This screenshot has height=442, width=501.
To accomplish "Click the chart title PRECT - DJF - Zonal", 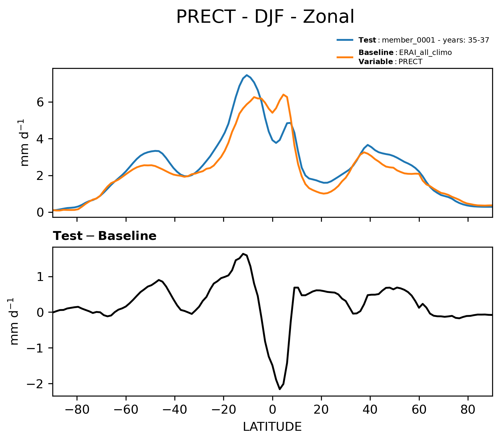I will (x=265, y=17).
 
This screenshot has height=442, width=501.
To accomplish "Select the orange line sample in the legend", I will (x=345, y=57).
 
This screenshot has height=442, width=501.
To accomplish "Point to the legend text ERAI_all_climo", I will (x=425, y=53).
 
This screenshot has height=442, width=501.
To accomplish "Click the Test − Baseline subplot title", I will (x=105, y=236).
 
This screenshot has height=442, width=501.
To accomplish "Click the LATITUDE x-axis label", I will (x=272, y=427).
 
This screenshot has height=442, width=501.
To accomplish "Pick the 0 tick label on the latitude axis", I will (x=273, y=410).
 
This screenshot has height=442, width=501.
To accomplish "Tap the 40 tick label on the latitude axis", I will (x=370, y=410).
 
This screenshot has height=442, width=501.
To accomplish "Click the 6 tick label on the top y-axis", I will (x=41, y=102).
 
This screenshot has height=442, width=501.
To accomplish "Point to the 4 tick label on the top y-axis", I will (x=41, y=139).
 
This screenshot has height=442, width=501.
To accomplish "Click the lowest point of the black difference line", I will (x=280, y=389).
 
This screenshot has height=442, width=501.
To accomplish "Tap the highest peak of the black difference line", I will (x=243, y=254).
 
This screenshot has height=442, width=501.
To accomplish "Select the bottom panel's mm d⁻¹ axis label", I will (x=14, y=321).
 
